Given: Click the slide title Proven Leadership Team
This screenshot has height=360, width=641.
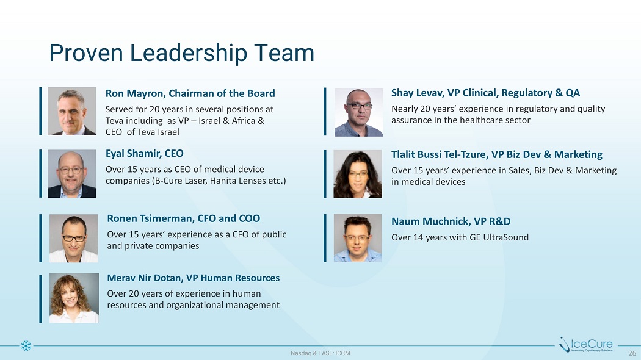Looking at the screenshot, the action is point(181,54).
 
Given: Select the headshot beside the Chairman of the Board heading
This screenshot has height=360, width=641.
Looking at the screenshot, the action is point(71,111).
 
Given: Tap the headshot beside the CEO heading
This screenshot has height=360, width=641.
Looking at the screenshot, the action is point(71,174).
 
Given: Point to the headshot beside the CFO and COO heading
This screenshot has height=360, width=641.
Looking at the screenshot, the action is point(74,238).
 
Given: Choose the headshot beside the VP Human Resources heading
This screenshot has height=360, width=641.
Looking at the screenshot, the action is point(74,298).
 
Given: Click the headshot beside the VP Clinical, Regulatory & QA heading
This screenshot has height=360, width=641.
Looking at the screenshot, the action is point(358,112).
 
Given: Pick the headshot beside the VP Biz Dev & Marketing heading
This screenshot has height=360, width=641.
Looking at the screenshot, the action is point(358,174).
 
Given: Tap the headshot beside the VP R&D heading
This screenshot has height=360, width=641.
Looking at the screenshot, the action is point(358,238).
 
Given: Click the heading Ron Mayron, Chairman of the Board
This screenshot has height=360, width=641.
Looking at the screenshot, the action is point(190,93).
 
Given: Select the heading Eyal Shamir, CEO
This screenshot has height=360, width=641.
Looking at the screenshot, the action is point(144,154).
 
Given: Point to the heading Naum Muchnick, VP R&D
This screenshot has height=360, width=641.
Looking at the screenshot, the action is point(451,221).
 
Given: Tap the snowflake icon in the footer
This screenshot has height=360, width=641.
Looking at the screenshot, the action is point(26,346).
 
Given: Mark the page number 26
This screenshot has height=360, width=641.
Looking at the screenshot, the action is point(632,353).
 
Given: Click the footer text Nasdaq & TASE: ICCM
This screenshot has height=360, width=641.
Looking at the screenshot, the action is point(320,353).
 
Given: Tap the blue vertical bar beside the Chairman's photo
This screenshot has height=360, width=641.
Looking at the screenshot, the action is point(40,110).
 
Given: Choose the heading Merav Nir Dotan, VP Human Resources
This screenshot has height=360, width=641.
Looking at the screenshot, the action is point(194,278).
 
